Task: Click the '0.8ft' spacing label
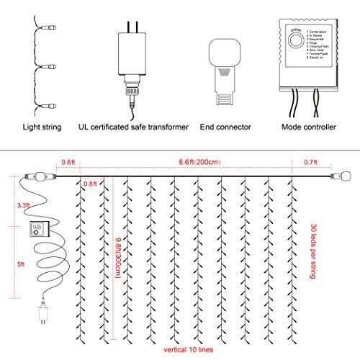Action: [x=90, y=183]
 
